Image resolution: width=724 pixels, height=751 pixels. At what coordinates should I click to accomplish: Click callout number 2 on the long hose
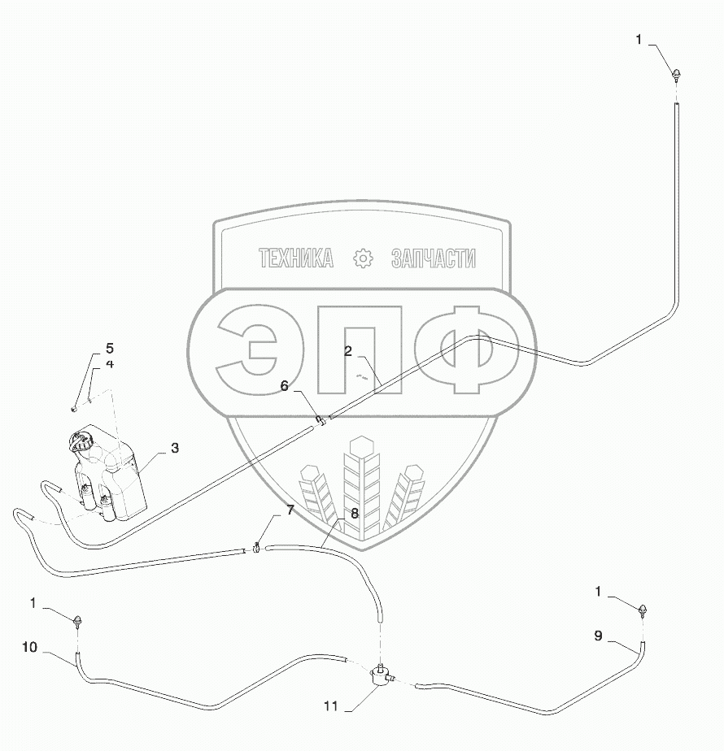coord(347,352)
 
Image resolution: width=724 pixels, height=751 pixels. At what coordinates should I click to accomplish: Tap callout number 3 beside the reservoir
coord(174,448)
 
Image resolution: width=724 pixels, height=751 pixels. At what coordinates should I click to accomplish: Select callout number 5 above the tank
coord(109,349)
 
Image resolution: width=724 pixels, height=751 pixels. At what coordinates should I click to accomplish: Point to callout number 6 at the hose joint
coord(285,387)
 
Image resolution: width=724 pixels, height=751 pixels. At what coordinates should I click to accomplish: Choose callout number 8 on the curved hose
coord(354,513)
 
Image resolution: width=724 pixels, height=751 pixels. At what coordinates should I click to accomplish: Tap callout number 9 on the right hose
coord(598,636)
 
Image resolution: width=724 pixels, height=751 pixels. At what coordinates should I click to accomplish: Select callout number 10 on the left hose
coord(29,647)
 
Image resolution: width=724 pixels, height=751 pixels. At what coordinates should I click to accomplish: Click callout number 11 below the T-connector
coord(330,707)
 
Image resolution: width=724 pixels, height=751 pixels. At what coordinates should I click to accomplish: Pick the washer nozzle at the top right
coord(676,76)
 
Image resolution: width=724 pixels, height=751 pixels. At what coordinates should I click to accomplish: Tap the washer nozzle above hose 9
coord(644,610)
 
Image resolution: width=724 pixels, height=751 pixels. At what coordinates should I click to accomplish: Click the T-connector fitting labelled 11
coord(379,674)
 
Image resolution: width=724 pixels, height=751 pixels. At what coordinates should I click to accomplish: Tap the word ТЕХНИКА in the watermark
coord(295,258)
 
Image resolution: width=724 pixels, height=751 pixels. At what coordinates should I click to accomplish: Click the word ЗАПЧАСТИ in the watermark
coord(433,258)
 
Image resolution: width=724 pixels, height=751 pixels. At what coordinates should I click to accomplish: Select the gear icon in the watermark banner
coord(362,258)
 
